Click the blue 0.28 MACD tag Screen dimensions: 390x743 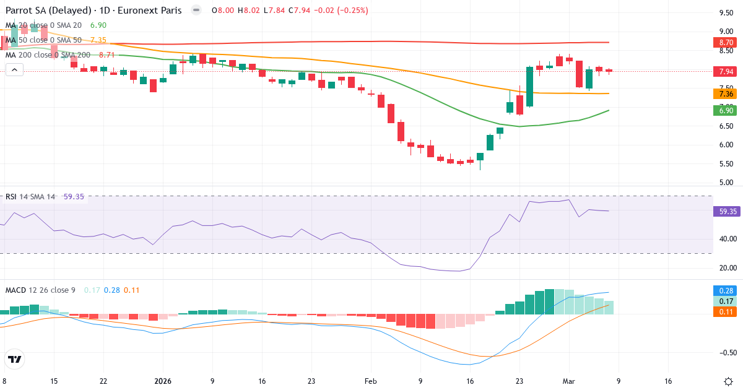tap(726, 291)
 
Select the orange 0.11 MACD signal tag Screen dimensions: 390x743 tap(726, 312)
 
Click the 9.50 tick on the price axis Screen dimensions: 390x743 tap(726, 13)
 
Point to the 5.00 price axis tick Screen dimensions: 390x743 tap(726, 183)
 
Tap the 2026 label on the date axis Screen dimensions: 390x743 tap(162, 381)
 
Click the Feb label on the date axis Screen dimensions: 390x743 tap(370, 381)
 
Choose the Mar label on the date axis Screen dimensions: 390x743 tap(569, 381)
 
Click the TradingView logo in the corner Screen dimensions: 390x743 tap(15, 360)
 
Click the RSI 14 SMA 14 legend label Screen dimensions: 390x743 tap(30, 197)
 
